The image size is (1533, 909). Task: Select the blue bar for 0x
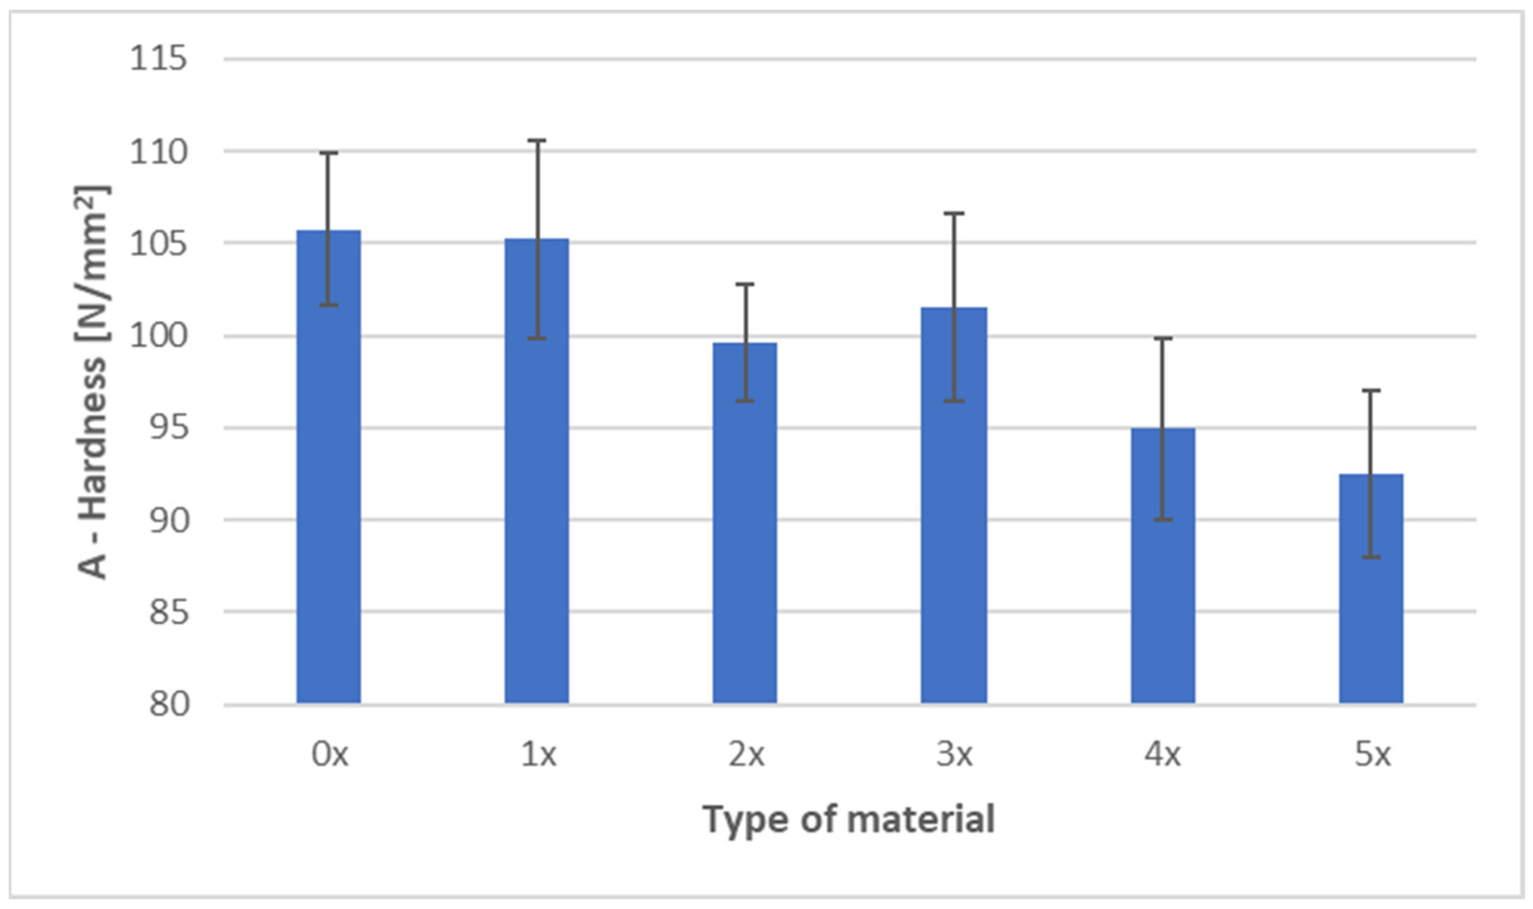(x=329, y=490)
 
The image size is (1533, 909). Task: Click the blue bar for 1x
(x=537, y=490)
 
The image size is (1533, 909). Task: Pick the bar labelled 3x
(x=954, y=520)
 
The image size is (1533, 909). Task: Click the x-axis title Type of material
(x=849, y=820)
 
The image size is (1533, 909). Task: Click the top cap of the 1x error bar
(x=537, y=140)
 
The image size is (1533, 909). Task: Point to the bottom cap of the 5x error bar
(x=1370, y=557)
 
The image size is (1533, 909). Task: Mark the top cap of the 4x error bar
(x=1163, y=338)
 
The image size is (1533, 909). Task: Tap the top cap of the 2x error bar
(x=745, y=284)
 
